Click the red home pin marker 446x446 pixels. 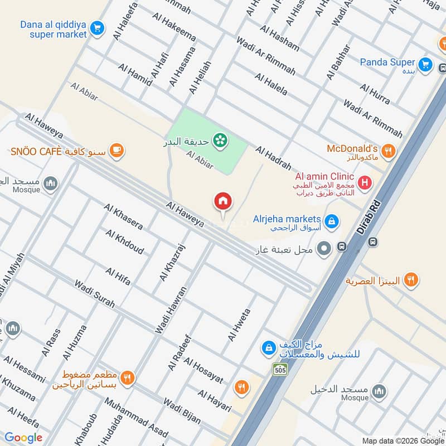click(223, 202)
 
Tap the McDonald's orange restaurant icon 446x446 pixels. click(389, 149)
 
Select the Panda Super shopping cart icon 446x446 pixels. click(425, 64)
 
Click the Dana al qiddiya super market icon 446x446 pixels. click(98, 27)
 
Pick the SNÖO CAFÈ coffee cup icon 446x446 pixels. click(117, 149)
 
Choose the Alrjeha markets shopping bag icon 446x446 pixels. click(332, 221)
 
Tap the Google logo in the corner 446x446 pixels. click(23, 438)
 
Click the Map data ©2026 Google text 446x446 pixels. click(401, 440)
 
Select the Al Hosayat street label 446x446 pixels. click(203, 371)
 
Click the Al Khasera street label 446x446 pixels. click(123, 217)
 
